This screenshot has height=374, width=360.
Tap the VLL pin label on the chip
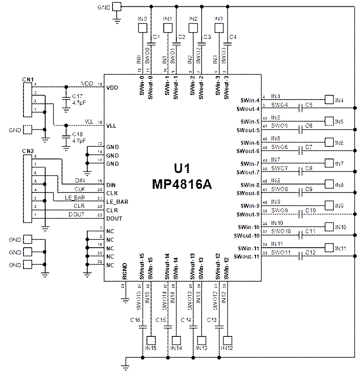(111, 126)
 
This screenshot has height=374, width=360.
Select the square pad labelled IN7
(330, 163)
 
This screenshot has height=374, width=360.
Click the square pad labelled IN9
(330, 205)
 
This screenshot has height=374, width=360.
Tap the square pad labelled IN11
(330, 248)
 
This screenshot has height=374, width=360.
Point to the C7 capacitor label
(309, 147)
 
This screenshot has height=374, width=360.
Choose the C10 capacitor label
(309, 211)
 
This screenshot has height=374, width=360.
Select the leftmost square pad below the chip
(150, 340)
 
